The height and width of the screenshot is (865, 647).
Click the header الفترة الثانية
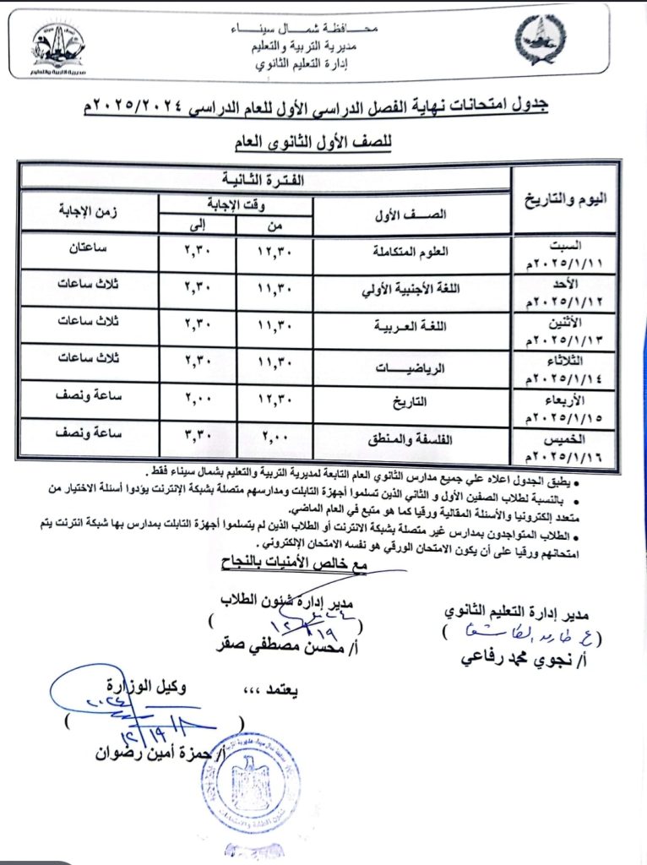tap(267, 179)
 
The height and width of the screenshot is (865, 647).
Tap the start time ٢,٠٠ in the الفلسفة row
tap(275, 440)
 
